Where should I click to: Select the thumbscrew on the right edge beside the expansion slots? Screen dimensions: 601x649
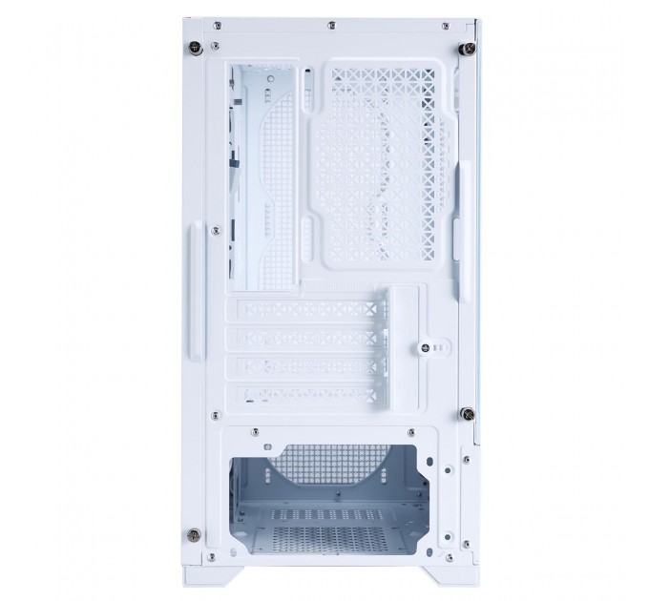[x=467, y=412]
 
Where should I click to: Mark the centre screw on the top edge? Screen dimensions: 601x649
[x=330, y=20]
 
